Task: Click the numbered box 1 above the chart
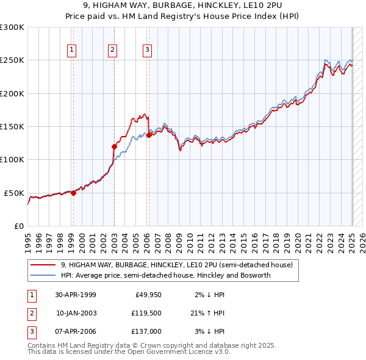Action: [x=72, y=50]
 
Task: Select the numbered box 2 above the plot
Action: [x=113, y=50]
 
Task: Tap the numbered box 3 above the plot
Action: [x=148, y=50]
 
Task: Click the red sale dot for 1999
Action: [x=73, y=193]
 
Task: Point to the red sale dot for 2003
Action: [x=114, y=146]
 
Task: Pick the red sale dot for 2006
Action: [x=149, y=135]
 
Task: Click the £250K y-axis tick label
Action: [x=12, y=60]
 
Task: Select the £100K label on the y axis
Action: [x=12, y=159]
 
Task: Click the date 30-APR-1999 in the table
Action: [x=76, y=295]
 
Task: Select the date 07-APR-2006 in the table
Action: [x=76, y=331]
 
